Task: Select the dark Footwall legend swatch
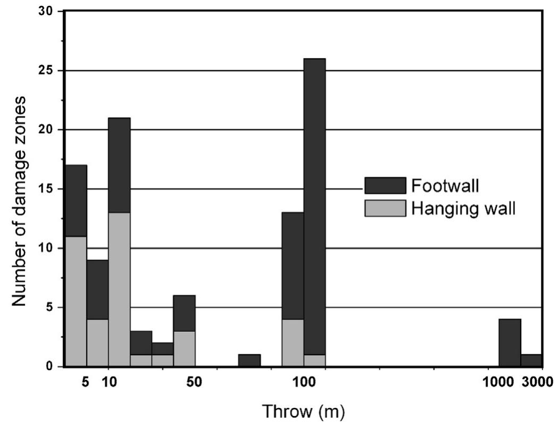click(385, 186)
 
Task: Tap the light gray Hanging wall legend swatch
click(385, 208)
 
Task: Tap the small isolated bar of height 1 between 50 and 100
click(249, 361)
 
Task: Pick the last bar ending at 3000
click(531, 361)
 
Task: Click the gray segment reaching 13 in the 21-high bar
click(119, 290)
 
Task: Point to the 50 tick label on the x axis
click(195, 382)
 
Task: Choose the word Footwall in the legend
click(438, 186)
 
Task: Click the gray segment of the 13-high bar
click(293, 342)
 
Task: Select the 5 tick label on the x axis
click(86, 382)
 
